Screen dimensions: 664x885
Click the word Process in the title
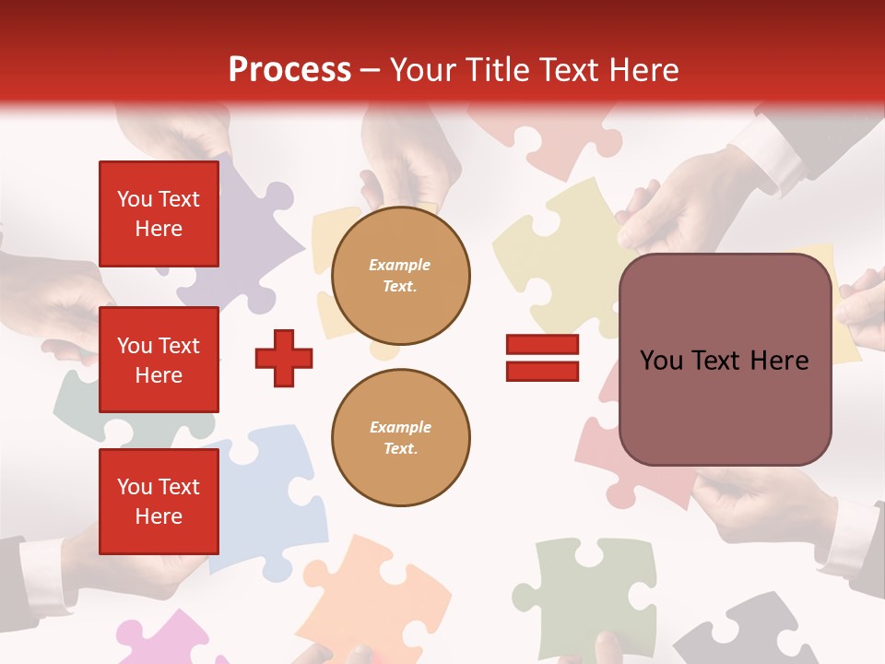click(x=289, y=70)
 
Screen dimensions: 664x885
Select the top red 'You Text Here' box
click(x=159, y=214)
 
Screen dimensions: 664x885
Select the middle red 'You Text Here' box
click(x=159, y=360)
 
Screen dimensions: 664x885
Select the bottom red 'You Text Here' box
click(x=159, y=501)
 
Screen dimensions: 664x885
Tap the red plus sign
click(x=284, y=358)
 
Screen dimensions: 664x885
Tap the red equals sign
click(x=542, y=358)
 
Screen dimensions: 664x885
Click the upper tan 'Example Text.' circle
click(x=400, y=276)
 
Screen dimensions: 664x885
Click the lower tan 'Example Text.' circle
click(x=400, y=437)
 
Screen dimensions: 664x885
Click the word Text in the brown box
click(x=724, y=361)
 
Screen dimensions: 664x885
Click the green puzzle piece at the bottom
click(x=590, y=590)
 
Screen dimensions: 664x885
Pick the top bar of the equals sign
click(x=542, y=345)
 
